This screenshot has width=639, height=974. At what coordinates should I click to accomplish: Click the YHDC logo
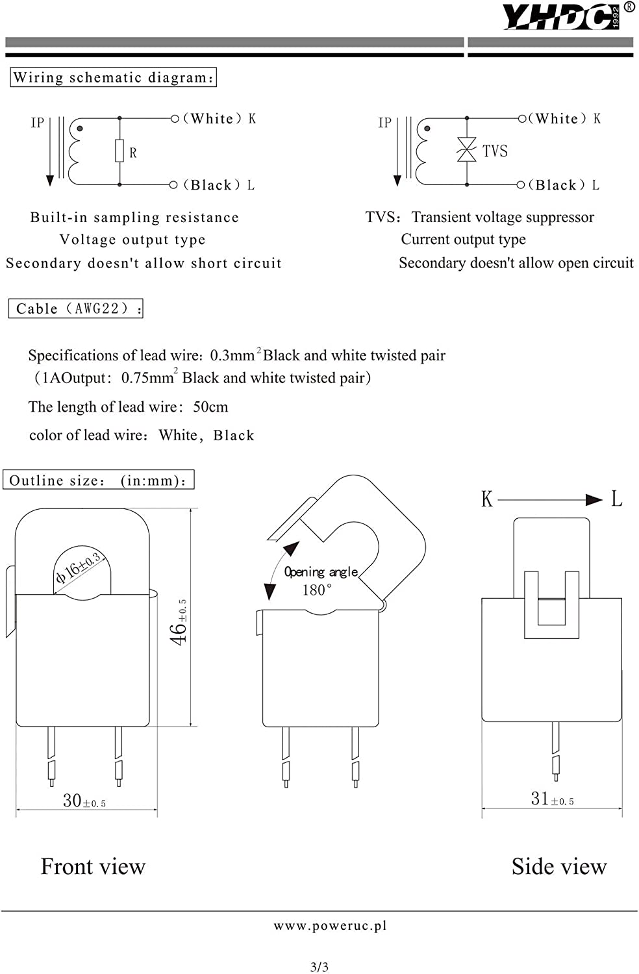pos(566,16)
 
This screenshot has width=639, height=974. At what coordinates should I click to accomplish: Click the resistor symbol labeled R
pos(119,151)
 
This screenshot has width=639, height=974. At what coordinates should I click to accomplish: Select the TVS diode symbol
pos(467,149)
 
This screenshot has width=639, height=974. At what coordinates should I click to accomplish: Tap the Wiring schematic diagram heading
pos(113,77)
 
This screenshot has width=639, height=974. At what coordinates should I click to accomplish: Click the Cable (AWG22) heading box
pos(76,308)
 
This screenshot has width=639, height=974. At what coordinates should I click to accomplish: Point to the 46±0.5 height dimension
pos(179,622)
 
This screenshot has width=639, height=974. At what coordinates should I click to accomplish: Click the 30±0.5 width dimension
pos(84,801)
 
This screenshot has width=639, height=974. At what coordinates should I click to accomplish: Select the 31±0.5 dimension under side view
pos(553,799)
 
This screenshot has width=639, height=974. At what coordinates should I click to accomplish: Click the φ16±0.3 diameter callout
pos(79,567)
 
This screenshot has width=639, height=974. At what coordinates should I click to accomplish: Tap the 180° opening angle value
pos(317,590)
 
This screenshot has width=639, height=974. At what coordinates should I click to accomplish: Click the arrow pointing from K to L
pos(550,499)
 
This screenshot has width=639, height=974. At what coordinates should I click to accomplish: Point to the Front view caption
pos(93,866)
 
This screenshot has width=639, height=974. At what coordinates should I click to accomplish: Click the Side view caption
pos(559,866)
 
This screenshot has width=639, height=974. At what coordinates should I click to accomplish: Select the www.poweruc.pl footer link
pos(330,926)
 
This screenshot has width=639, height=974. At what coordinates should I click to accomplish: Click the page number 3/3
pos(319,967)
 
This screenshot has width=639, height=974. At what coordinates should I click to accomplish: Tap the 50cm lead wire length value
pos(210,406)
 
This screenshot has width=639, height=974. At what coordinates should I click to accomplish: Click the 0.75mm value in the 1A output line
pos(148,377)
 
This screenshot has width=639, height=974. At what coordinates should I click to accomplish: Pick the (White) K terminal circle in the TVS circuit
pos(522,118)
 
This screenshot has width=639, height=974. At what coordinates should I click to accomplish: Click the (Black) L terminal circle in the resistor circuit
pos(173,185)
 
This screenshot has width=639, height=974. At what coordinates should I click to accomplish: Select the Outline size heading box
pos(98,480)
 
